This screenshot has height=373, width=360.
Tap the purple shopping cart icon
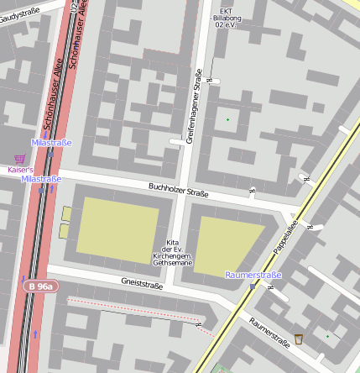19,158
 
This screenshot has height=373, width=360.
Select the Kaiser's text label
20,169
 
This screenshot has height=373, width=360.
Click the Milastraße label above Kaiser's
51,143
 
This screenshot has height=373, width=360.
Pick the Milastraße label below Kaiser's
42,179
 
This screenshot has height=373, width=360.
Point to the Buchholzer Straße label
178,190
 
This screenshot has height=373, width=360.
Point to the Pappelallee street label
285,238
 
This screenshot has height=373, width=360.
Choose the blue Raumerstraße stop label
253,275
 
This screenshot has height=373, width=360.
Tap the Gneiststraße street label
142,285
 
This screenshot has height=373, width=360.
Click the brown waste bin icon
299,339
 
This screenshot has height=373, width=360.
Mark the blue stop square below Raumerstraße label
252,286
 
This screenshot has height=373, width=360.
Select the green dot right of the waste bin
327,337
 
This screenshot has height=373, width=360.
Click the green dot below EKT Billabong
227,119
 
